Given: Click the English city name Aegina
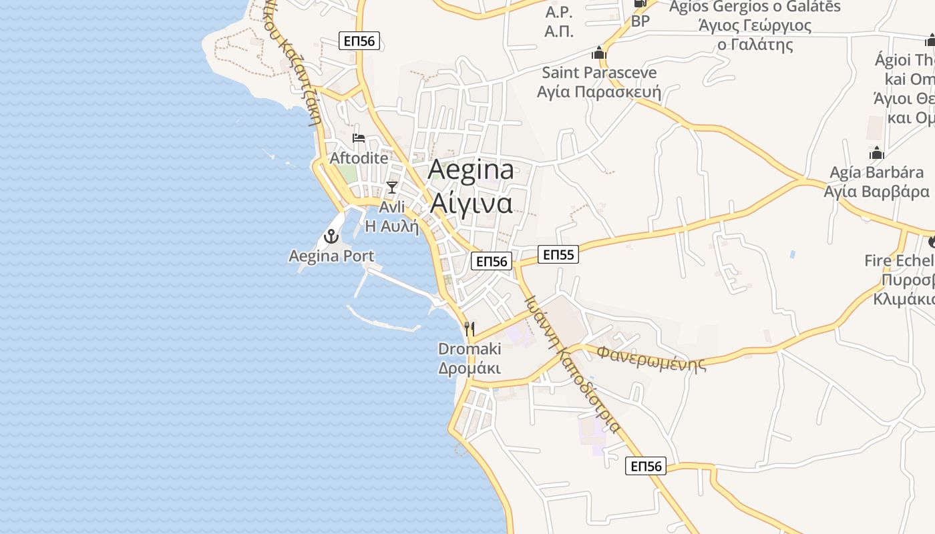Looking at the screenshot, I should click(x=471, y=170).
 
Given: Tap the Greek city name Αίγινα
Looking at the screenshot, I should click(x=471, y=202).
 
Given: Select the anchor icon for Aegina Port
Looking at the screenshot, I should click(x=331, y=236).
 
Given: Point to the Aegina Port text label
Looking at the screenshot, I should click(x=331, y=256).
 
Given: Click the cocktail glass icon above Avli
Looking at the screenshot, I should click(x=392, y=188).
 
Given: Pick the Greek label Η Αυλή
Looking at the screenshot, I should click(x=392, y=226).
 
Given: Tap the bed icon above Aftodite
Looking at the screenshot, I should click(x=359, y=139).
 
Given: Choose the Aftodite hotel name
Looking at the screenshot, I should click(x=359, y=158).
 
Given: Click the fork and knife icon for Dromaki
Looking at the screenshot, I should click(x=470, y=328).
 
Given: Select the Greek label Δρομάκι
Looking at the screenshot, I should click(x=470, y=368).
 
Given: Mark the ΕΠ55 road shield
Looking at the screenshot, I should click(x=558, y=254).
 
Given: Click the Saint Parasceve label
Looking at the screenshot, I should click(x=599, y=72).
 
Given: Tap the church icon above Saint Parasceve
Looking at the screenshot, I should click(x=599, y=53).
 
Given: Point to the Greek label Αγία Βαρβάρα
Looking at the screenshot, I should click(x=876, y=192).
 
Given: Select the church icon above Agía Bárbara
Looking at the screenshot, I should click(x=877, y=153).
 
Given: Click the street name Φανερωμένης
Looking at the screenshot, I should click(x=651, y=357).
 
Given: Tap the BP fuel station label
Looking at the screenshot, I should click(x=640, y=21).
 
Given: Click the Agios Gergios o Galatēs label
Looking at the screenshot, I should click(x=755, y=7).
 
